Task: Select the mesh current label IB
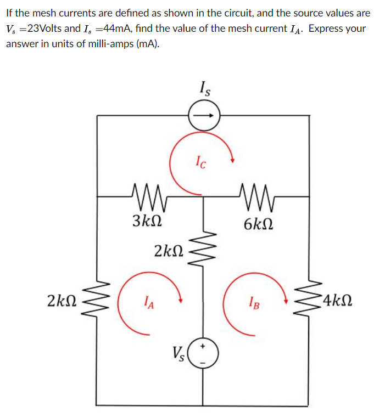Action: click(252, 301)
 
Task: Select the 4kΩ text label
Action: click(337, 301)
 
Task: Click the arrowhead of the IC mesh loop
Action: click(233, 160)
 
